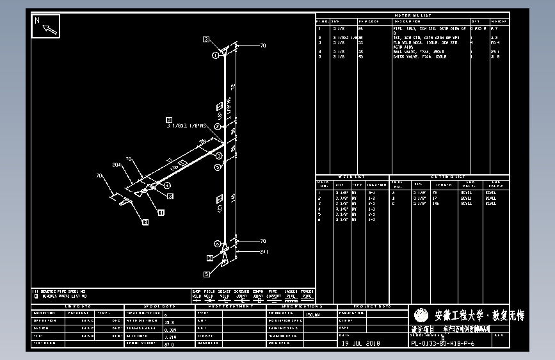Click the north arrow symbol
(x=46, y=26)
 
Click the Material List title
(x=412, y=15)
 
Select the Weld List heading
(x=351, y=177)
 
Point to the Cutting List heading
(x=448, y=177)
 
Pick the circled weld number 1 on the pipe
(x=216, y=56)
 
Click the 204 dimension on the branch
(x=117, y=165)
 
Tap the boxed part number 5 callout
(x=207, y=274)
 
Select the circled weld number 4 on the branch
(x=168, y=184)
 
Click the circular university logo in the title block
(x=421, y=316)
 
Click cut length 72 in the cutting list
(x=435, y=192)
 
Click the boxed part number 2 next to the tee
(x=169, y=120)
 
